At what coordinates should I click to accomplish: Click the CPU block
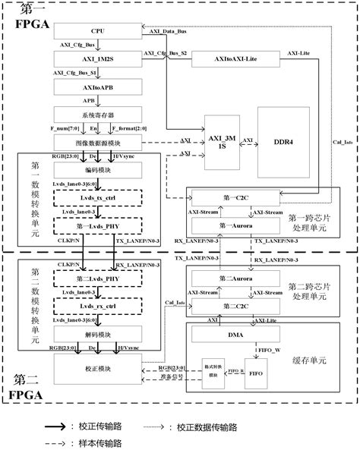coord(98,31)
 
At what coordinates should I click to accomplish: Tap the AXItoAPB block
coord(98,88)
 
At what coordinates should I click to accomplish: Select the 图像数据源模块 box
coord(98,143)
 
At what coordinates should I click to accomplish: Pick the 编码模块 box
coord(98,171)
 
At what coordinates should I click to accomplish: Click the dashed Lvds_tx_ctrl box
coord(98,198)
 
